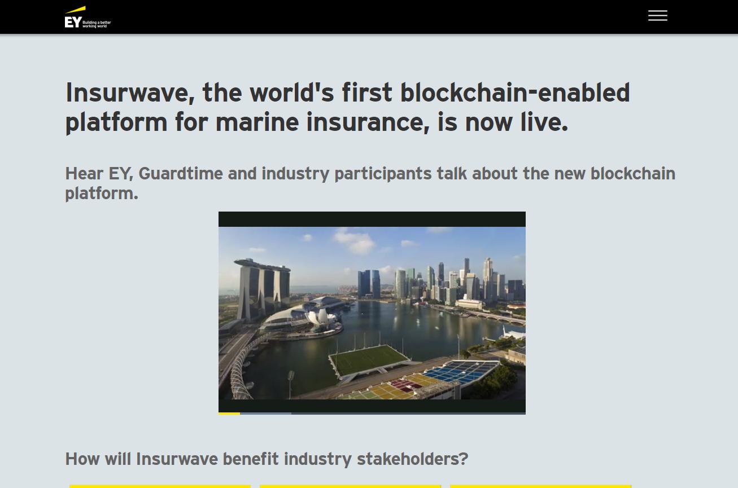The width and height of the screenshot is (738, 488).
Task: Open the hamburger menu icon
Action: point(658,15)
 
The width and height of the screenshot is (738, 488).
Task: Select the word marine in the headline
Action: point(257,122)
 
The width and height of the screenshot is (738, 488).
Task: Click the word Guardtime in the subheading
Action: point(181,174)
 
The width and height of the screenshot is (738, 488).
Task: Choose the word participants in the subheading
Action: point(383,174)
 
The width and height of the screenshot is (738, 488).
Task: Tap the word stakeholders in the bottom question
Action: point(413,459)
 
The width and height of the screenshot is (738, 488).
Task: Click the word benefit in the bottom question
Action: point(250,459)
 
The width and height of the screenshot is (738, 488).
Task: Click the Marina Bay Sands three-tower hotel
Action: point(262,289)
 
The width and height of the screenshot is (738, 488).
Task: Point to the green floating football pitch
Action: point(369,359)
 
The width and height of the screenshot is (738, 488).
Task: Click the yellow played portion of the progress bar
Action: point(229,414)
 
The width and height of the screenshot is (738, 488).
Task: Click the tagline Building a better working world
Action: point(97,24)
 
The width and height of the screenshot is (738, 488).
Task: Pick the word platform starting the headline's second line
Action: point(116,122)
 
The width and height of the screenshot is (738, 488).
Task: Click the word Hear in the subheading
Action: point(84,174)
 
